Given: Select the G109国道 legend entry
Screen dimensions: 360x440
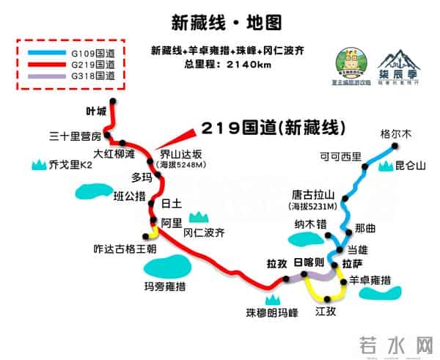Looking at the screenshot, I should tap(92, 53).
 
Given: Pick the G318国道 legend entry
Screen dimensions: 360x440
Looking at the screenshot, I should tap(92, 76).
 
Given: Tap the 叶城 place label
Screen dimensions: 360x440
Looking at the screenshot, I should tap(96, 111).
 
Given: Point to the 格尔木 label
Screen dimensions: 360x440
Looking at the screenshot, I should tap(397, 133).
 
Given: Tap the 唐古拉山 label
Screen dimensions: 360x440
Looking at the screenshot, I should tap(312, 194).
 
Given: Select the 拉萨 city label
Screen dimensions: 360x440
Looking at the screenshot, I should tap(353, 263).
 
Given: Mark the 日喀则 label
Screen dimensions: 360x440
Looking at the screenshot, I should tap(308, 262).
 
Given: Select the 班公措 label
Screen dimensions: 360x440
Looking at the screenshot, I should tap(130, 196).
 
